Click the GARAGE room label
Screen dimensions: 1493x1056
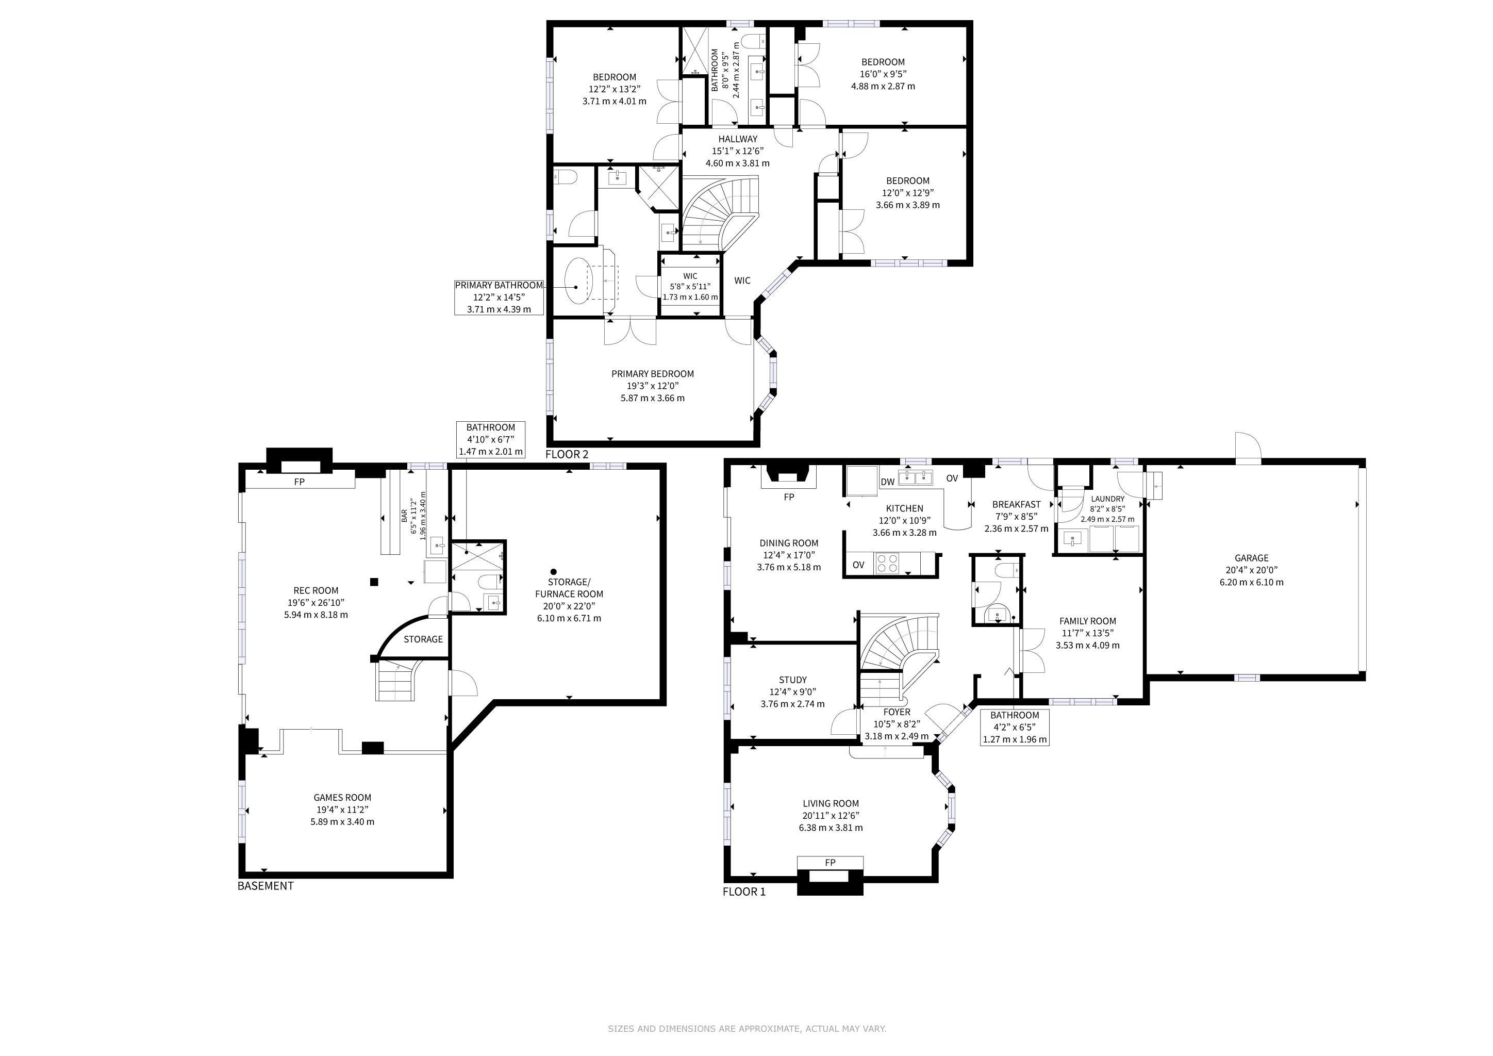1251,558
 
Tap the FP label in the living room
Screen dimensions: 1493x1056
830,862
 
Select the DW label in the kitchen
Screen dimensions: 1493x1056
888,482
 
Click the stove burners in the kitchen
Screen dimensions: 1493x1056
886,563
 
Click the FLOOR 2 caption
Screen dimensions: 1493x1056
567,454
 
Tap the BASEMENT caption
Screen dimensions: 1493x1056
266,886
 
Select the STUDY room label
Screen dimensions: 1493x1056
793,680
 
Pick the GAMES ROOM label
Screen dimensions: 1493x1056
342,797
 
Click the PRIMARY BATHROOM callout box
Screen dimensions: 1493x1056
499,297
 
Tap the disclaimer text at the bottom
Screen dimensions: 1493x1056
746,1029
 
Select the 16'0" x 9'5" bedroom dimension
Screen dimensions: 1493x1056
883,74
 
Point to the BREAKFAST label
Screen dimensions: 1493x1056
1016,504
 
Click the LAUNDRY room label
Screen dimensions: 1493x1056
1107,499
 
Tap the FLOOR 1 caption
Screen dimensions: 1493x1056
744,892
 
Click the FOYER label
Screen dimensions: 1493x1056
897,712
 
